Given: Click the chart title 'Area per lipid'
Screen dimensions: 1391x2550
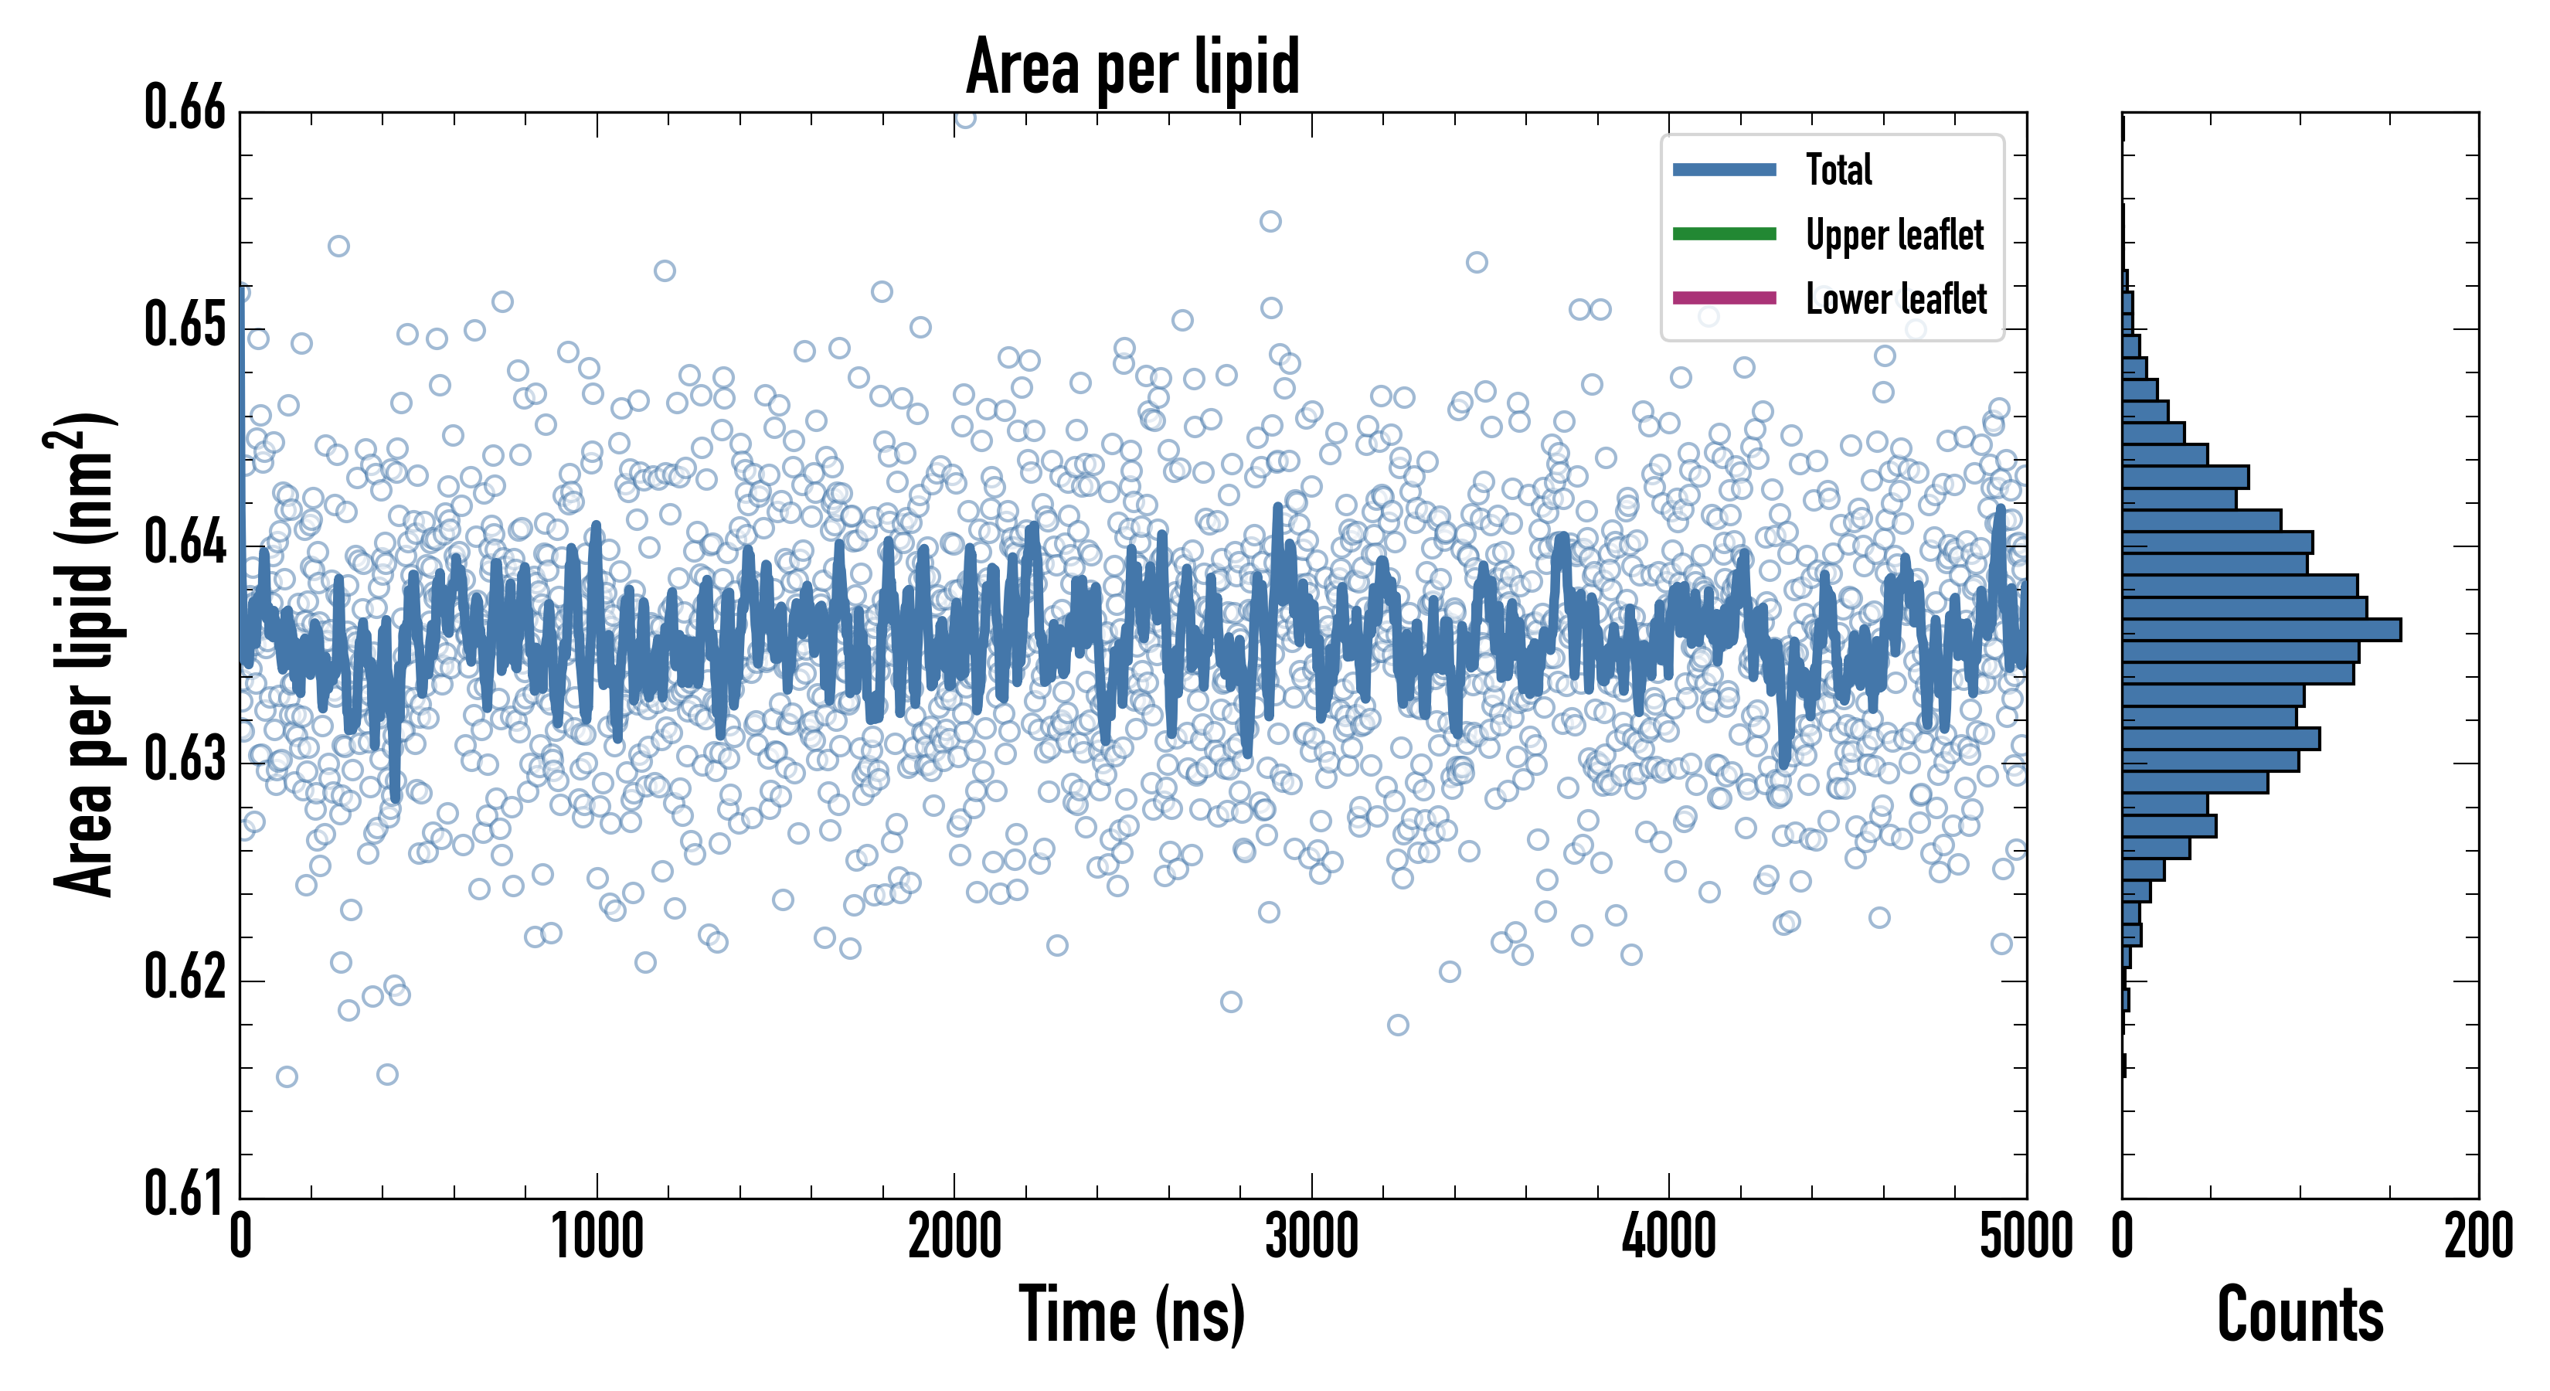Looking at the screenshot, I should pyautogui.click(x=1133, y=67).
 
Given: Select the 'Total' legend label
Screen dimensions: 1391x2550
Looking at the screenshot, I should pyautogui.click(x=1838, y=169).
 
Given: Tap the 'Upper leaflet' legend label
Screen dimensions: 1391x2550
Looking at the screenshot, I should pyautogui.click(x=1894, y=235).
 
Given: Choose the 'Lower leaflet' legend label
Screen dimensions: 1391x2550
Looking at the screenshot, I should pyautogui.click(x=1895, y=299).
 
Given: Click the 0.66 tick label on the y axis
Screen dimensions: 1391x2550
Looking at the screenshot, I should pyautogui.click(x=185, y=108).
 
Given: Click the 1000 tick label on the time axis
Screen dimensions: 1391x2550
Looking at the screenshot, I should pyautogui.click(x=597, y=1237).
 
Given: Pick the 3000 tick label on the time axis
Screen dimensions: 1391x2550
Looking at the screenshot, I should pyautogui.click(x=1311, y=1237).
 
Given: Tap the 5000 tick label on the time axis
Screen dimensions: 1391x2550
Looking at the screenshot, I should pyautogui.click(x=2025, y=1237).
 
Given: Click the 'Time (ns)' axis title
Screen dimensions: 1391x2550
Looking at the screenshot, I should pyautogui.click(x=1133, y=1316).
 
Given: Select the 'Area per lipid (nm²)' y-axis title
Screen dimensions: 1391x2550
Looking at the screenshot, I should pyautogui.click(x=84, y=655).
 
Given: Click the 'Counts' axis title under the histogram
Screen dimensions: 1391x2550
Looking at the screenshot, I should pyautogui.click(x=2300, y=1316).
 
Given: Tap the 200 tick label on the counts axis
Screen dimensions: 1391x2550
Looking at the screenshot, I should pyautogui.click(x=2477, y=1237).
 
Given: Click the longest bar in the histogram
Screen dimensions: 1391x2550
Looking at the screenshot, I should pyautogui.click(x=2261, y=630).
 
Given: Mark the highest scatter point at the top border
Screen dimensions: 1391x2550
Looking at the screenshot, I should pyautogui.click(x=965, y=117).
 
